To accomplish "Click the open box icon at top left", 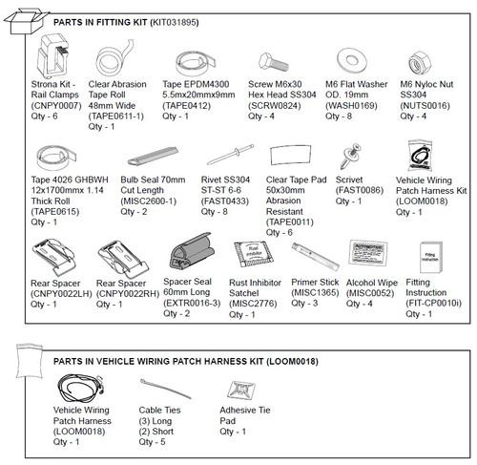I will click(21, 21).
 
